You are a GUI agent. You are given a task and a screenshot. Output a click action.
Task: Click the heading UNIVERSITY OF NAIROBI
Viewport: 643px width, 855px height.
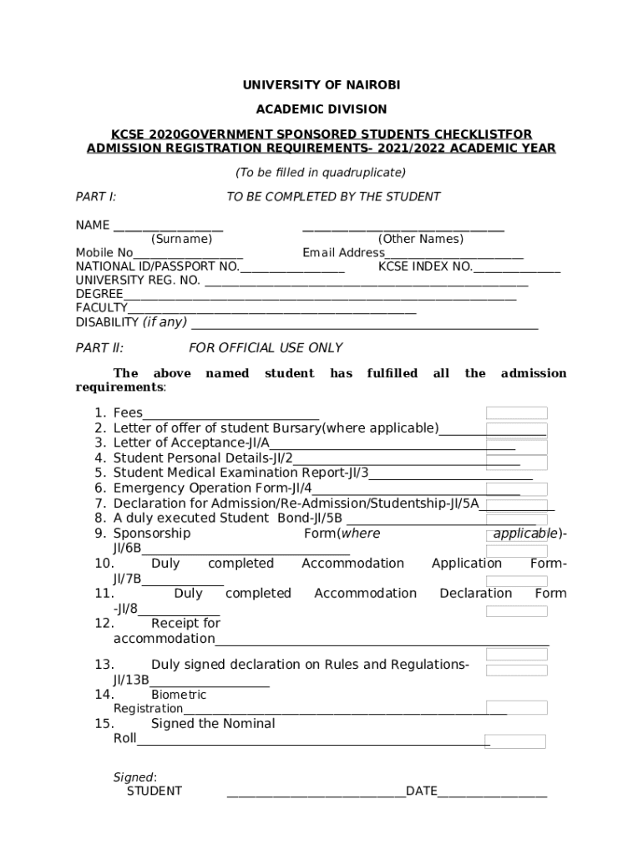(x=321, y=85)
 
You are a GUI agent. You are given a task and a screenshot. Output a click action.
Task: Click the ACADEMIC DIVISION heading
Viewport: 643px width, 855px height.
(x=321, y=109)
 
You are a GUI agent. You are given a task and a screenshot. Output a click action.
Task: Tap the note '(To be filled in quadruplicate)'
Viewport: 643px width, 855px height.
(x=321, y=173)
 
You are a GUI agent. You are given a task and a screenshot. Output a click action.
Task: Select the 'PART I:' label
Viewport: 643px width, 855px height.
(x=96, y=197)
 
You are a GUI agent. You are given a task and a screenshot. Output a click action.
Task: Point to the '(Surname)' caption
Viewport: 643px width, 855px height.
(x=181, y=239)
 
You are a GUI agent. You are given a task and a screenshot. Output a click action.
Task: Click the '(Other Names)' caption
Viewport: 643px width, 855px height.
(x=420, y=239)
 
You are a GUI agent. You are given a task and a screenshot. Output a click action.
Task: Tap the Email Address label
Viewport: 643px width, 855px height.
(x=343, y=253)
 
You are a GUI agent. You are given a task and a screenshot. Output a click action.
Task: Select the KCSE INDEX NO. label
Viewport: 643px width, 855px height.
(x=425, y=267)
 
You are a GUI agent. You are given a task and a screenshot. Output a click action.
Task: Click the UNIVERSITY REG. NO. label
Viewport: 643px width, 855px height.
(x=138, y=281)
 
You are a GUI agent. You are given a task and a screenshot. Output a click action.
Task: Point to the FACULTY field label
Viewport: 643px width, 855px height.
(x=101, y=308)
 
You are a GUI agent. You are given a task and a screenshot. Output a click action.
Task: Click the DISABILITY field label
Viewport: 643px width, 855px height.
(x=107, y=322)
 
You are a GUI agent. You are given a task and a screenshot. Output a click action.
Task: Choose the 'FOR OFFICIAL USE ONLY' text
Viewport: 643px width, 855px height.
(x=266, y=348)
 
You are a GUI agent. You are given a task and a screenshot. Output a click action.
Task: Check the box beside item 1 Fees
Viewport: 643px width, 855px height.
(x=516, y=412)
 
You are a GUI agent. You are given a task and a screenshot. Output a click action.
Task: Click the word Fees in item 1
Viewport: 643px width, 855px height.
(x=128, y=412)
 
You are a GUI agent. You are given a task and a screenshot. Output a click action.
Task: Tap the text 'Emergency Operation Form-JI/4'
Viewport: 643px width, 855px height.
(x=212, y=488)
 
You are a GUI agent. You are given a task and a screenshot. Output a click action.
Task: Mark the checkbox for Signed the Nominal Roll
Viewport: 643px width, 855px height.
(x=516, y=741)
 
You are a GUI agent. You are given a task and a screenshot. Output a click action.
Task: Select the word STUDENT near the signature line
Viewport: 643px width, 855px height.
(x=154, y=791)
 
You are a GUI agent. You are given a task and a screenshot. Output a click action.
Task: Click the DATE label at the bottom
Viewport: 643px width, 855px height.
(x=421, y=791)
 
